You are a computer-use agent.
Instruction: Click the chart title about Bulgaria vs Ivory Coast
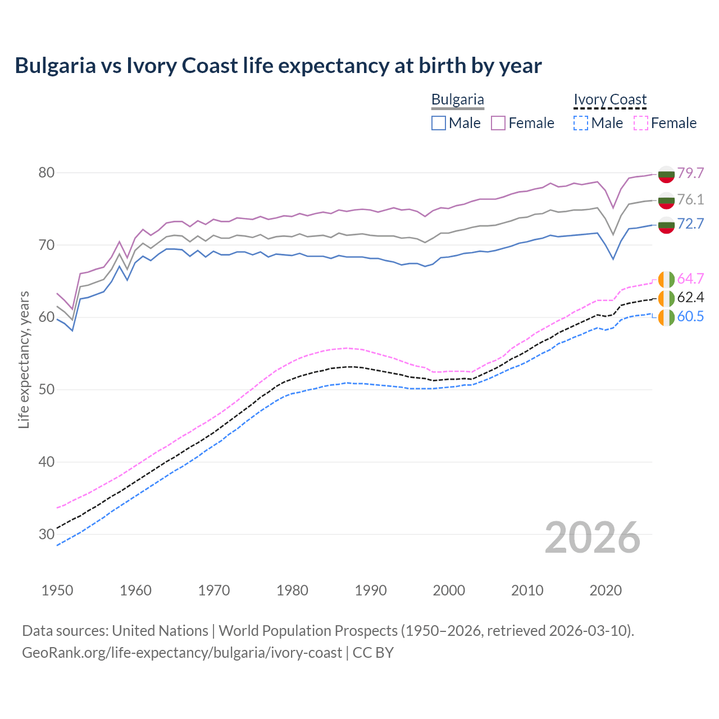(x=278, y=66)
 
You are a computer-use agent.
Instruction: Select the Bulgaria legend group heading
(x=457, y=99)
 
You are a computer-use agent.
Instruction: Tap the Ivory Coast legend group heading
(x=610, y=99)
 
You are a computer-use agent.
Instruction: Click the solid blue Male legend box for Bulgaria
(x=439, y=123)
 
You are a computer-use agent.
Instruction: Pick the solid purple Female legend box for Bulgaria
(x=498, y=123)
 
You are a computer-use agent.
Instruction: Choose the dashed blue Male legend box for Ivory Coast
(x=581, y=123)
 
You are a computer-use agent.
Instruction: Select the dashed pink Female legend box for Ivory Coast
(x=641, y=123)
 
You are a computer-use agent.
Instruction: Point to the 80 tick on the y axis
(x=47, y=172)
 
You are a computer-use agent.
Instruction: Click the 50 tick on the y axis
(x=47, y=389)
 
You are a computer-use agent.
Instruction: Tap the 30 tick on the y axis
(x=47, y=534)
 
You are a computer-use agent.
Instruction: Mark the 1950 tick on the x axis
(x=57, y=590)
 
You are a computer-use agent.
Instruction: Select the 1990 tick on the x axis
(x=371, y=590)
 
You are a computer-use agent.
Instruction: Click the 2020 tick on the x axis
(x=606, y=590)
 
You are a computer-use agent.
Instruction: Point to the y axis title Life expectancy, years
(x=24, y=359)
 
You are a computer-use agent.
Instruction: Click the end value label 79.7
(x=690, y=173)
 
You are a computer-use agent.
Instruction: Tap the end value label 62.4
(x=690, y=297)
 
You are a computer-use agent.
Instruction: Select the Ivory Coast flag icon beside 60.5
(x=666, y=317)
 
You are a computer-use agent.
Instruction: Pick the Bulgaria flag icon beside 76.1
(x=666, y=200)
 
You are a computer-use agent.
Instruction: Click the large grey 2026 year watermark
(x=593, y=538)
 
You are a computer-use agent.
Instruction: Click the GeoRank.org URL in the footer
(x=181, y=653)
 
